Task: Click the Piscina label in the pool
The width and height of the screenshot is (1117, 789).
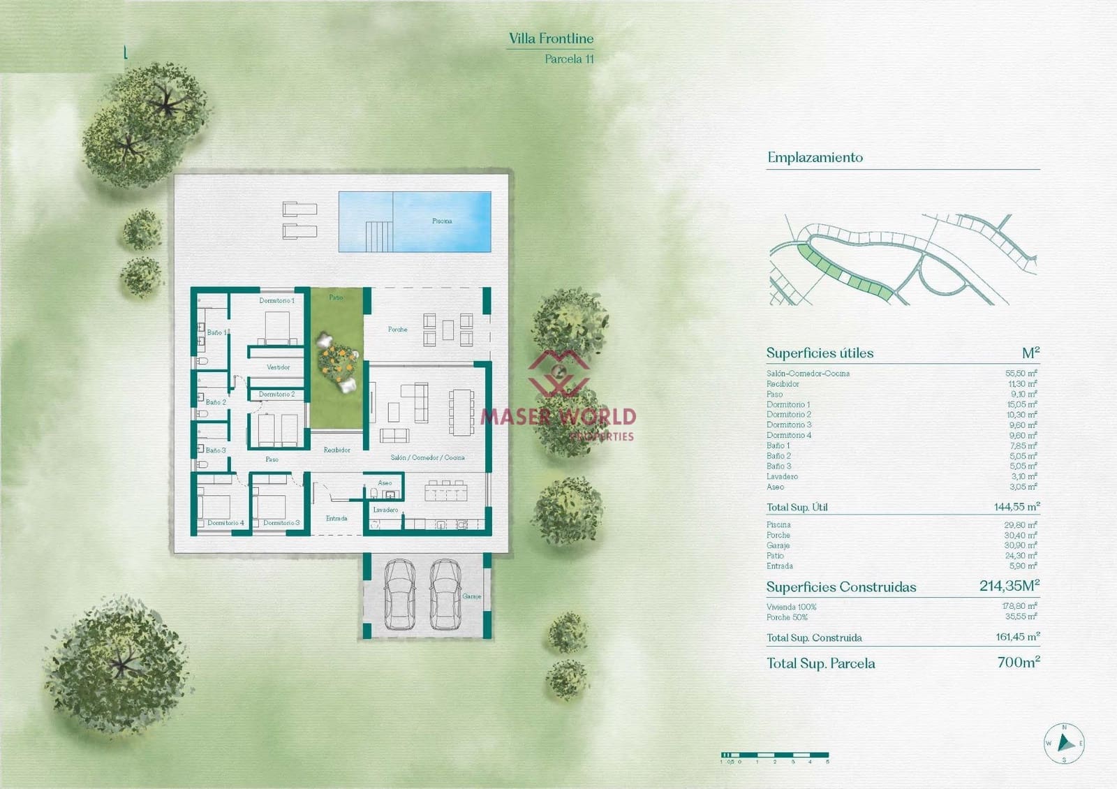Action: (x=442, y=221)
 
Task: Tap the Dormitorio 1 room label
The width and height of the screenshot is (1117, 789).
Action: (x=276, y=301)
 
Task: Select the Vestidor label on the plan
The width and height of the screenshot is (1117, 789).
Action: (x=278, y=367)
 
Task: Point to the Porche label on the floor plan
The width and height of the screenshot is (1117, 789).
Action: (x=397, y=330)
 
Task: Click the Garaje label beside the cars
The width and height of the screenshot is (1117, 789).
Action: (x=471, y=596)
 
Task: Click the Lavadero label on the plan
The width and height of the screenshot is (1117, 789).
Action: (x=385, y=510)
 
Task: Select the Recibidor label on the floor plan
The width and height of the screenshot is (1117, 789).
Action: (x=336, y=450)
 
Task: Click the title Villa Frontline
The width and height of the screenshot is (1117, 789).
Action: (x=551, y=39)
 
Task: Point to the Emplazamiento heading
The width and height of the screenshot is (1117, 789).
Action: (x=815, y=158)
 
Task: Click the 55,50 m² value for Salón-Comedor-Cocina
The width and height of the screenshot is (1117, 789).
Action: (x=1021, y=374)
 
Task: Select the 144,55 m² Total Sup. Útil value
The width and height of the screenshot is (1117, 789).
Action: (x=1016, y=507)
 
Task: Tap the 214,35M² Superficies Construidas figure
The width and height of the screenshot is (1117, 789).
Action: (x=1009, y=586)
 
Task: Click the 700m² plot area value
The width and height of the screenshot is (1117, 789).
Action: (x=1018, y=662)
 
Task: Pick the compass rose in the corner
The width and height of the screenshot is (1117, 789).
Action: (x=1064, y=743)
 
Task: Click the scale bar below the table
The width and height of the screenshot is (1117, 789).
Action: (x=775, y=755)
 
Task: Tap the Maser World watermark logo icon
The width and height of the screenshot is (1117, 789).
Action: (x=558, y=374)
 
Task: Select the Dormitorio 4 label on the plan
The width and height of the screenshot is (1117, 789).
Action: (x=225, y=523)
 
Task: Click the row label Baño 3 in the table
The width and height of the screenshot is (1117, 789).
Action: (x=778, y=466)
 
